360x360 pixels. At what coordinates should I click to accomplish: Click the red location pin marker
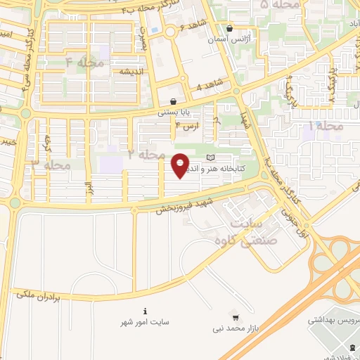coord(181,165)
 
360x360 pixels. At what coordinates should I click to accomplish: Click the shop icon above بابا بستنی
coord(173,101)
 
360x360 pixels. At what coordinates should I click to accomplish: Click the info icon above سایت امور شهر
coord(145,311)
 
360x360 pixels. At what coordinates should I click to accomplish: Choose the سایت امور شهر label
coord(145,322)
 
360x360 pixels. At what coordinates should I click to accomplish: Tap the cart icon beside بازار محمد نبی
coord(235,317)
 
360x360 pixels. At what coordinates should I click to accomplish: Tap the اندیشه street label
coord(132,72)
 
